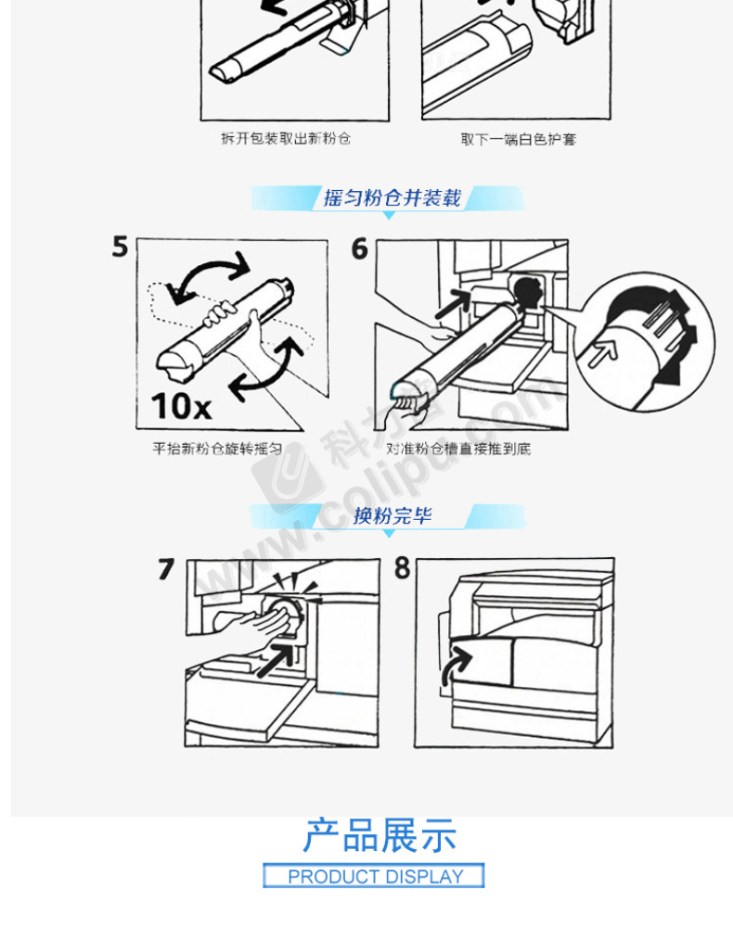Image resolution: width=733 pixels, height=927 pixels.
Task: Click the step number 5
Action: (120, 246)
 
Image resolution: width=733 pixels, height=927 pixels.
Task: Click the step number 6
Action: (360, 248)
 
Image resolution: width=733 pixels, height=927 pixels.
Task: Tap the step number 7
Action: (166, 569)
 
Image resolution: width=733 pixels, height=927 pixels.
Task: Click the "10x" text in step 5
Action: (181, 406)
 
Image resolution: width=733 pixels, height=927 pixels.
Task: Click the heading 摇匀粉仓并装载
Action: (392, 197)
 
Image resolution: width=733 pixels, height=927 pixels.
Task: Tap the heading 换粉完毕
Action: (392, 515)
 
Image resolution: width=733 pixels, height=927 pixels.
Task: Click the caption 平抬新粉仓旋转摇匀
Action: (217, 449)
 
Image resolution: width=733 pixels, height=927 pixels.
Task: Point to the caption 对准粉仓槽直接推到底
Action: (458, 449)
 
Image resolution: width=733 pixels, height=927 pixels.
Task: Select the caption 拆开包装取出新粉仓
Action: (286, 138)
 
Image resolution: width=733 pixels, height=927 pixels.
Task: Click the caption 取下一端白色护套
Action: (519, 140)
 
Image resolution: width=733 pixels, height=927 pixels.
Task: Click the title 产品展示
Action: (379, 836)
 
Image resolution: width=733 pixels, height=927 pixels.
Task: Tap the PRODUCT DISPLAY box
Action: (374, 876)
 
